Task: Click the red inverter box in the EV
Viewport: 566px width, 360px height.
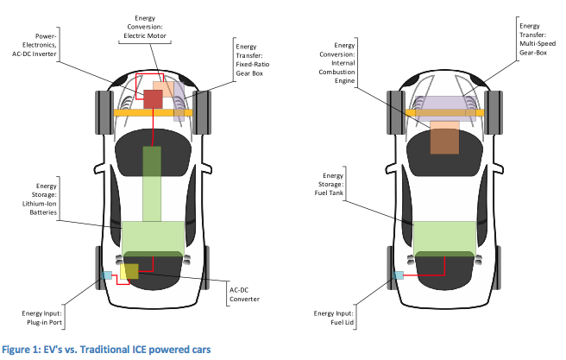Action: click(x=152, y=98)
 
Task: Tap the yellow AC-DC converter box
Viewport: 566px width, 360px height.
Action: click(x=129, y=272)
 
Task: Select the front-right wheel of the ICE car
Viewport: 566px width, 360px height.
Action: click(x=497, y=111)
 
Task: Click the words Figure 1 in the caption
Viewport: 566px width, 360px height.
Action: click(x=23, y=349)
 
